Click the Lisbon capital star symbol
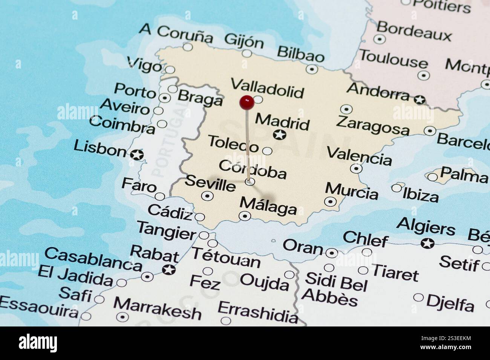(x=137, y=154)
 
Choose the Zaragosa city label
(x=372, y=125)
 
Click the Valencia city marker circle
(x=356, y=168)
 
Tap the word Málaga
(x=268, y=206)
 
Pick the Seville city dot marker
(x=207, y=196)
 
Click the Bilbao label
(x=300, y=54)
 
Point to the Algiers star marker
(x=427, y=243)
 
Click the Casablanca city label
(x=93, y=259)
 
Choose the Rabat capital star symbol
(x=169, y=270)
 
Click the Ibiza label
(x=420, y=195)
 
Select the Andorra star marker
(x=419, y=100)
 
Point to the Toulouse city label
(x=393, y=59)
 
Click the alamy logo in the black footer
(x=38, y=343)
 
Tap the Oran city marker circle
(x=331, y=253)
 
